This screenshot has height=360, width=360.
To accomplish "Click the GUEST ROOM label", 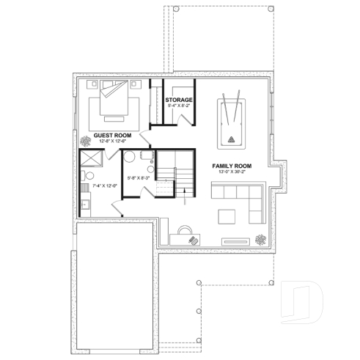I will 111,135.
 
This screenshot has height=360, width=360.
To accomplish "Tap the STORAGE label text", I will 179,99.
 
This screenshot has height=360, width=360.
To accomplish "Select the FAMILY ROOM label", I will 232,166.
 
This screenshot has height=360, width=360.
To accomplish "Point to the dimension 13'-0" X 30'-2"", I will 232,174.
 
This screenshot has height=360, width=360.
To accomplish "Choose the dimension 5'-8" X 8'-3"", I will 138,178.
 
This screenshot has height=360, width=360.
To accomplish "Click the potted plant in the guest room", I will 87,138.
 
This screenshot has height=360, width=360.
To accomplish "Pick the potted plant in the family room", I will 262,238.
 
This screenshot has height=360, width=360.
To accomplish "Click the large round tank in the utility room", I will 129,157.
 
